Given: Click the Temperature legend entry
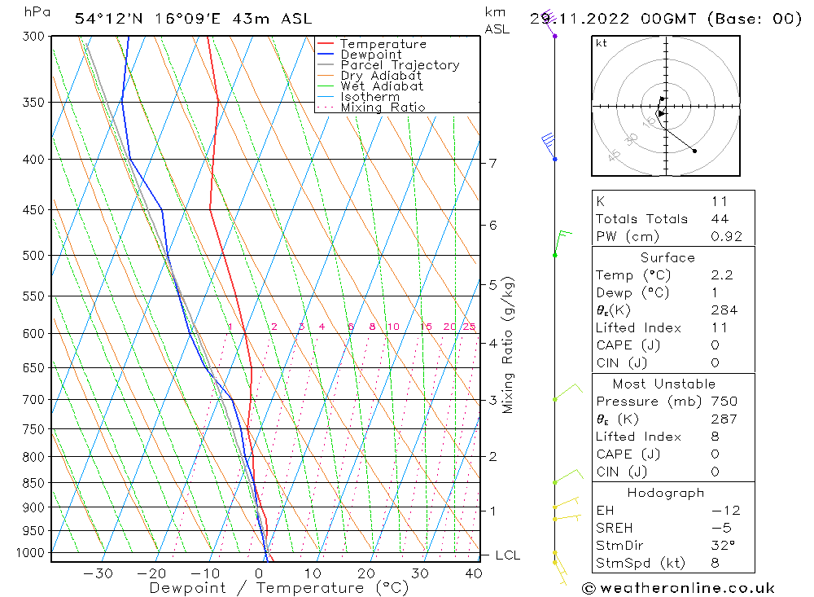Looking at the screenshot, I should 383,45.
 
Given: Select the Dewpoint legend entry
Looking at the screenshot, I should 371,55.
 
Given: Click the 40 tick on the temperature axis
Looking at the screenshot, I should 473,573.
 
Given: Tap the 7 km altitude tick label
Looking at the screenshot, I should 492,164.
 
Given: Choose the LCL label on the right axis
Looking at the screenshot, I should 508,555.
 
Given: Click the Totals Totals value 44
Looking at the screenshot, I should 720,219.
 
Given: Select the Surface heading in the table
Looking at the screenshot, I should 667,258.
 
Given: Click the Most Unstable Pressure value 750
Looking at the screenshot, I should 724,402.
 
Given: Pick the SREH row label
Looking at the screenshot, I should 614,528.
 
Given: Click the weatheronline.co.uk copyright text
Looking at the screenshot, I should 678,588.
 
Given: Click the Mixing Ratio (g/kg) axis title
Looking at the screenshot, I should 509,345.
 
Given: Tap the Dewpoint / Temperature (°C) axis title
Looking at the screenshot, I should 267,588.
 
